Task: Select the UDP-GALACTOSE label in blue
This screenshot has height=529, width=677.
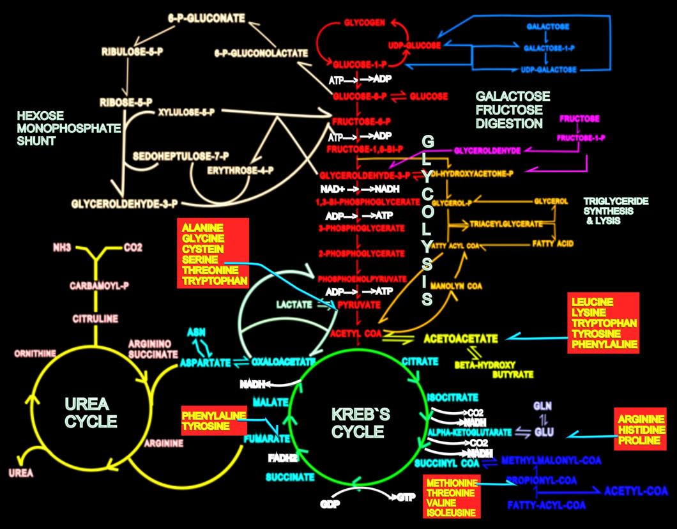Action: coord(550,69)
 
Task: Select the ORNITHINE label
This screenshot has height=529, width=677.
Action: coord(34,353)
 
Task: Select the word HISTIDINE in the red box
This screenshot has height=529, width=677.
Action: coord(641,430)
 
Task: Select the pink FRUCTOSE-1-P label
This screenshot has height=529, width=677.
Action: coord(581,138)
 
